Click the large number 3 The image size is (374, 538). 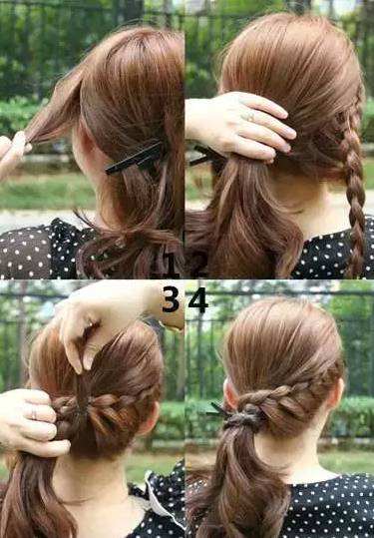[x=171, y=299]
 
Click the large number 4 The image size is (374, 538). [x=198, y=299]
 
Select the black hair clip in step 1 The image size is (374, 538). [x=134, y=159]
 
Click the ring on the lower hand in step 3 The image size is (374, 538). [x=34, y=412]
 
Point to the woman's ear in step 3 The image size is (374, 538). [x=149, y=419]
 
